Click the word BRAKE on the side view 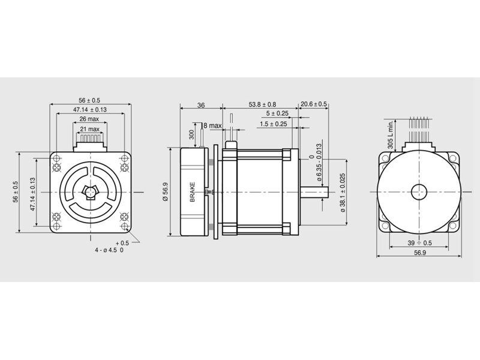(193, 192)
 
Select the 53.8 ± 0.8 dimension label (262, 104)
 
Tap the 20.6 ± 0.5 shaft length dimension (313, 104)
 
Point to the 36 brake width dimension (201, 106)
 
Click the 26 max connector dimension (89, 119)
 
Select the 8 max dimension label (212, 125)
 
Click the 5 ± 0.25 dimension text (277, 113)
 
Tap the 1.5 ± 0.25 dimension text (274, 124)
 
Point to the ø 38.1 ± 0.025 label (343, 193)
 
